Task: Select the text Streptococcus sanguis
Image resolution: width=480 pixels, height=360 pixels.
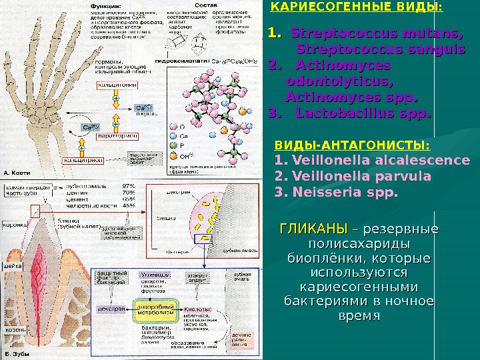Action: (x=381, y=49)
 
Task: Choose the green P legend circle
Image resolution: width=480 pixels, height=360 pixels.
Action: (x=173, y=145)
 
